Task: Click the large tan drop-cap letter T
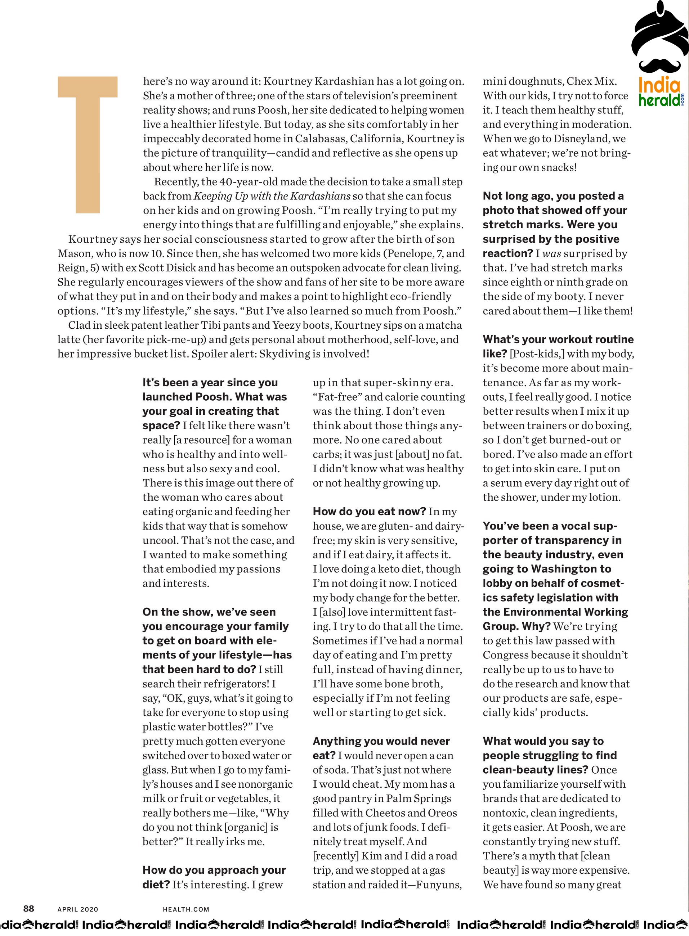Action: [x=88, y=144]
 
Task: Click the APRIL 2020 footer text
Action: [x=77, y=909]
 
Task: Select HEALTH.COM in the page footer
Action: [x=186, y=909]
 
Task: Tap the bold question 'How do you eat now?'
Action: [x=369, y=512]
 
